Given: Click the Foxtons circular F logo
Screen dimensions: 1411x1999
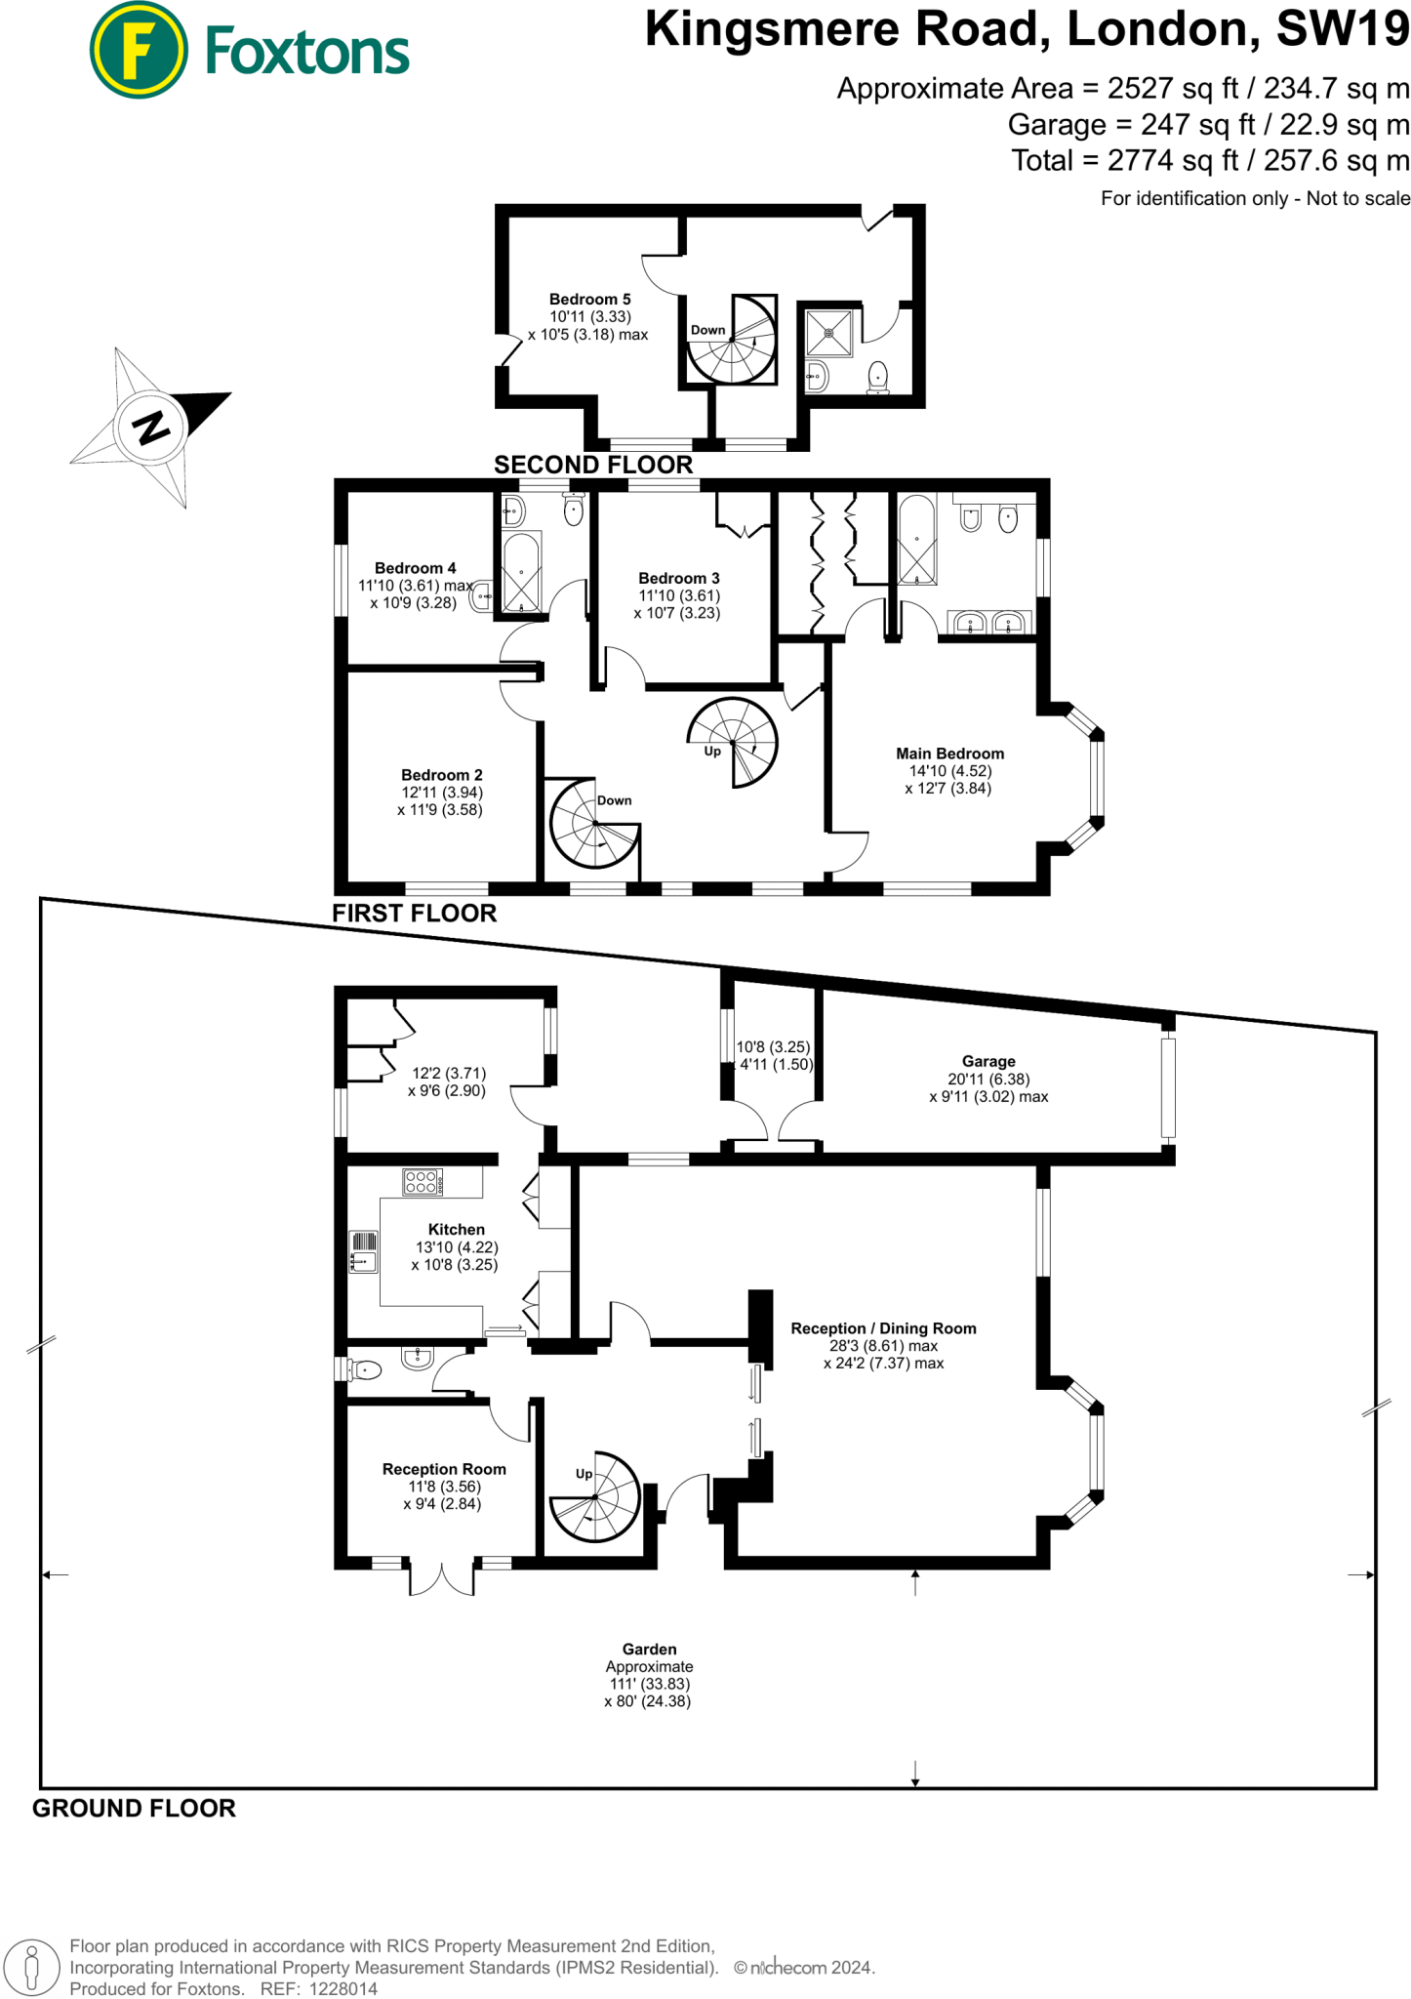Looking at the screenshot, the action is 138,50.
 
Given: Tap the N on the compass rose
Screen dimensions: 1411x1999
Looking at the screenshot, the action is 150,428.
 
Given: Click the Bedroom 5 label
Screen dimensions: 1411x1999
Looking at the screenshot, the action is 589,300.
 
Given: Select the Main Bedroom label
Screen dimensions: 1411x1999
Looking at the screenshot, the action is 949,754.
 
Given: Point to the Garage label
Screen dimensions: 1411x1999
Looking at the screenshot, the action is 988,1061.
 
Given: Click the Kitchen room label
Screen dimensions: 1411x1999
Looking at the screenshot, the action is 456,1230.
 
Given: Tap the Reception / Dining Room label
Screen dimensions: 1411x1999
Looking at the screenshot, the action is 883,1328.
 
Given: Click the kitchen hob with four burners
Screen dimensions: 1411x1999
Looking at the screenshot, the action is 423,1182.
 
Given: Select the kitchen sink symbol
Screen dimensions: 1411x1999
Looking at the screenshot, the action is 363,1251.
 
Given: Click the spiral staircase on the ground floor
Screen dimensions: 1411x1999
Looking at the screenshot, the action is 595,1497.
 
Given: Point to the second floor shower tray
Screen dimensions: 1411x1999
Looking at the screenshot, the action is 829,333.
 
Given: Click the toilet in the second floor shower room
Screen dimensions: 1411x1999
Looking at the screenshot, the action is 878,377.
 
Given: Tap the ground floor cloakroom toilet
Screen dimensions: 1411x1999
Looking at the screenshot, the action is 363,1370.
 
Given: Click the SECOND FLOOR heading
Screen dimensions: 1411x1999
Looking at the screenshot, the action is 593,465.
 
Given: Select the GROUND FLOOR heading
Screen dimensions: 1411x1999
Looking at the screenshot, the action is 135,1809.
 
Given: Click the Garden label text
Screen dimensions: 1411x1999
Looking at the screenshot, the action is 649,1650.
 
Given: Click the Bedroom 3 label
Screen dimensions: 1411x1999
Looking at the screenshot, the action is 679,579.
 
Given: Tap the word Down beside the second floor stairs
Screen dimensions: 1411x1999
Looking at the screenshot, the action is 708,330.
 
